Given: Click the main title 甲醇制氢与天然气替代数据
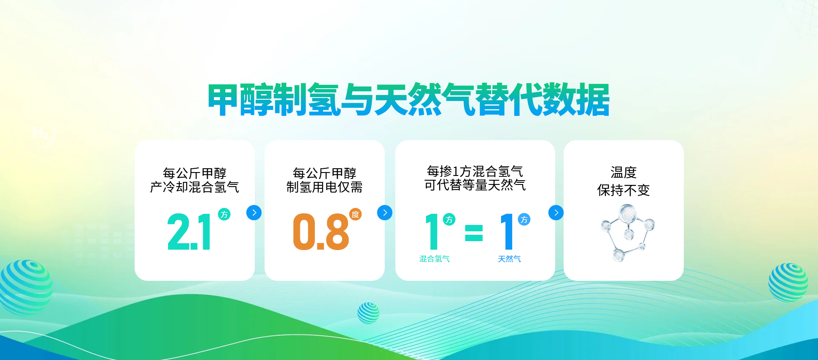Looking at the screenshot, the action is pos(409,100).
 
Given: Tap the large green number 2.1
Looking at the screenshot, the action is pos(189,232).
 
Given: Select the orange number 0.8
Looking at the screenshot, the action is pos(321,232).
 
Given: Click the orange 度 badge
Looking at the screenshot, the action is pos(355,214).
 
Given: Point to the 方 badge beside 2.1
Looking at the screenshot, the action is pos(224,214).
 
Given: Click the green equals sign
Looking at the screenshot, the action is pos(474,233).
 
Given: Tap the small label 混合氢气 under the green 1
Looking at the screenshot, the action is pos(435,259).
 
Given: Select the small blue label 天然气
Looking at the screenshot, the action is pos(510,259).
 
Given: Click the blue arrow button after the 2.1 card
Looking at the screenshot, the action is pos(254,213).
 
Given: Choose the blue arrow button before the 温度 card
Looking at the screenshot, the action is pos(556,213).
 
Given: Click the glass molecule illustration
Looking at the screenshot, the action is pos(627,232).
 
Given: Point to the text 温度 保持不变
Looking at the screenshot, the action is pos(624,181).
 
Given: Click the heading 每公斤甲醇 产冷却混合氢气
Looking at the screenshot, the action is pos(195,180).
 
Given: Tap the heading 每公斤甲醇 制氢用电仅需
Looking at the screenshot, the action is pos(325,180).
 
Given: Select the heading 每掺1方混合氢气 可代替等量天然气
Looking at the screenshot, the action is pos(475,178).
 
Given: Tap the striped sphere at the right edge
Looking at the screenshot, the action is pos(788,282).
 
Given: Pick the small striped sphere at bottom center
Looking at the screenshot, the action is pos(369,313).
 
